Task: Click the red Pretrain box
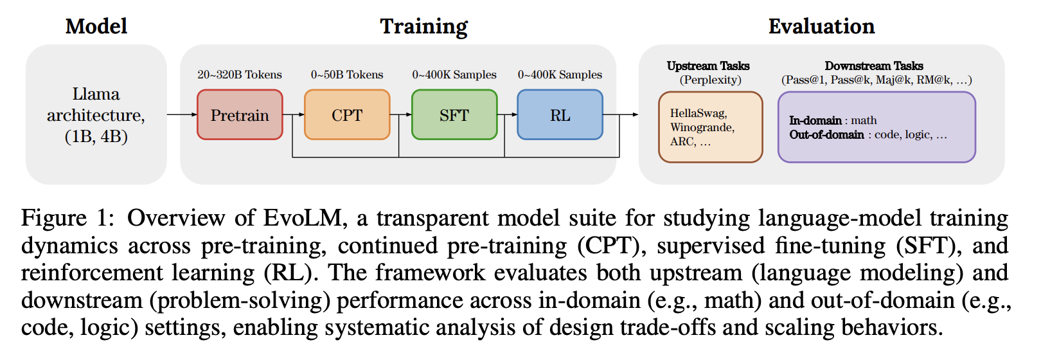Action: click(x=240, y=115)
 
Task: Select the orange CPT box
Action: click(x=347, y=115)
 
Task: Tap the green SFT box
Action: click(x=454, y=115)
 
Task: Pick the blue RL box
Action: click(x=560, y=115)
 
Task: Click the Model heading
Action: click(x=96, y=26)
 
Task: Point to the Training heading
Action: click(x=424, y=26)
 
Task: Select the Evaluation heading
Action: click(x=821, y=26)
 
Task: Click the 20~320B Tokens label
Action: click(x=240, y=75)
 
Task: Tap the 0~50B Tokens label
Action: click(x=347, y=75)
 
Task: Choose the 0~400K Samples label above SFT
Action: click(x=454, y=75)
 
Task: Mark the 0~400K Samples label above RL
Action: click(x=560, y=75)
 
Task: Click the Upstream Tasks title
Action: click(x=708, y=66)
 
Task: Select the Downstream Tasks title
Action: click(x=874, y=66)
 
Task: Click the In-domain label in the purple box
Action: click(x=815, y=120)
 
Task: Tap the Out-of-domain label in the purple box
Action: click(x=826, y=134)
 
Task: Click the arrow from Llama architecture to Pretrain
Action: click(x=182, y=115)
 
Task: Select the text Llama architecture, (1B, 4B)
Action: click(x=96, y=115)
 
